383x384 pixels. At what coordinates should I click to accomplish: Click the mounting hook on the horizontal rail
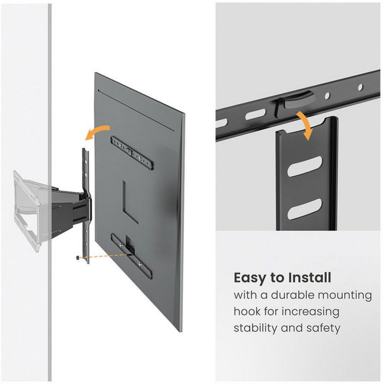[293, 101]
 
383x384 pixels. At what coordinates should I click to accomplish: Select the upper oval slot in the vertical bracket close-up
[305, 167]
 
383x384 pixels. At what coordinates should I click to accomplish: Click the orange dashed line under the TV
[104, 256]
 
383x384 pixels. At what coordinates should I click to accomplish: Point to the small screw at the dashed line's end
[78, 258]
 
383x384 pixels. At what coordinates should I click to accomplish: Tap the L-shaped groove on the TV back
[130, 202]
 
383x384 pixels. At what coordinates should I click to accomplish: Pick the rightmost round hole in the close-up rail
[361, 87]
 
